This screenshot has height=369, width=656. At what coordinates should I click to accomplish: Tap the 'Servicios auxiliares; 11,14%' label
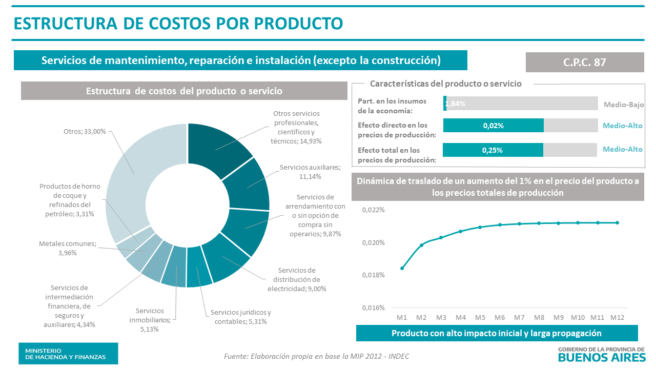(310, 172)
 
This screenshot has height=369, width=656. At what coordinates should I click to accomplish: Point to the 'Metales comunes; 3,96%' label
(68, 248)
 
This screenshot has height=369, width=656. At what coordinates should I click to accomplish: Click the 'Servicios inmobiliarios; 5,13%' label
(150, 320)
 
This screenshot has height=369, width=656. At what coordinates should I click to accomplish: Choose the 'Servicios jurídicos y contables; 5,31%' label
(240, 317)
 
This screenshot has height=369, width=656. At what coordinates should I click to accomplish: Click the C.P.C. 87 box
(584, 62)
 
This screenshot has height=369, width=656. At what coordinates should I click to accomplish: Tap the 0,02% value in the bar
(493, 126)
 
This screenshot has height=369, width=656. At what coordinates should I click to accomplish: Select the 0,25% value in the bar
(492, 150)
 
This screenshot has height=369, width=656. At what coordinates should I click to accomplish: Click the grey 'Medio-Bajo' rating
(624, 104)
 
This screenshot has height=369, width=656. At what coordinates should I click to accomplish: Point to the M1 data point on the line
(402, 268)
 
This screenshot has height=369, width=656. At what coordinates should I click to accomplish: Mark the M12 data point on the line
(618, 222)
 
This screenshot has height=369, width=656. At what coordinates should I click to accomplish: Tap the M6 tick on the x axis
(500, 317)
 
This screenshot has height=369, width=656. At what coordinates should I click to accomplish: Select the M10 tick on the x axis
(578, 317)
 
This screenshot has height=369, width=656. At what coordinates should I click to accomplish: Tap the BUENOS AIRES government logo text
(602, 357)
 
